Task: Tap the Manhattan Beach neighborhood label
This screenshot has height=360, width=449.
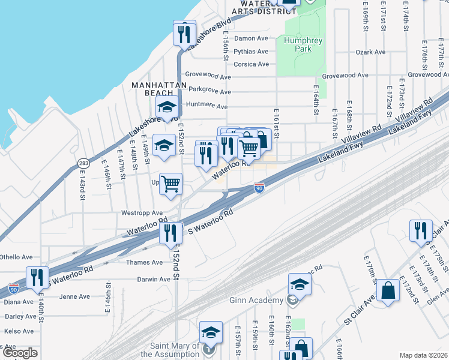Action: click(x=159, y=89)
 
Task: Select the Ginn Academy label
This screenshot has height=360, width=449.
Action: click(x=256, y=300)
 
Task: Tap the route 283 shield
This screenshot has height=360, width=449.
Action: click(x=82, y=163)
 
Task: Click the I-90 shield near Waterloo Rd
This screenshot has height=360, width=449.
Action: click(x=259, y=188)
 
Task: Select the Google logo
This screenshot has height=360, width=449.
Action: click(x=20, y=353)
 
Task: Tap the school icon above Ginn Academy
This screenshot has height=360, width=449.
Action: click(x=300, y=284)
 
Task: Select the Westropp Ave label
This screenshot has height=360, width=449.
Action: click(x=142, y=213)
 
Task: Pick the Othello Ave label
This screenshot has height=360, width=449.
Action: click(x=16, y=257)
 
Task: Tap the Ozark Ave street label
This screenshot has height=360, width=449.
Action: click(x=370, y=52)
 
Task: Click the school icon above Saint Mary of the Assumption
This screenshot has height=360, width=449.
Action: click(x=211, y=332)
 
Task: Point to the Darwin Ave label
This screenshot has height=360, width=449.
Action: click(x=153, y=279)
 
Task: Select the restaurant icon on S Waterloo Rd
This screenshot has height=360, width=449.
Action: click(x=170, y=233)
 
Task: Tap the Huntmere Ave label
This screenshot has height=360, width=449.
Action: click(x=207, y=107)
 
